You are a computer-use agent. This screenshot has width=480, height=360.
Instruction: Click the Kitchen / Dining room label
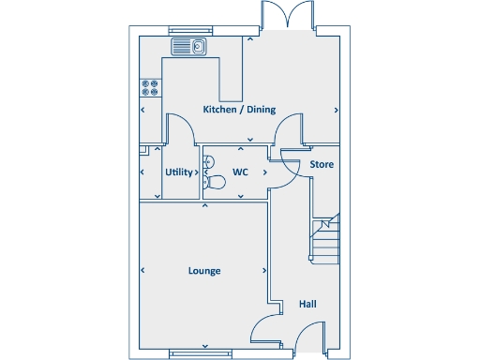point(240,110)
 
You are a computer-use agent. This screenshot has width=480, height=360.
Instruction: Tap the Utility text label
point(178,172)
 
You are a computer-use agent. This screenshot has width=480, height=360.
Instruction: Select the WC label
point(240,172)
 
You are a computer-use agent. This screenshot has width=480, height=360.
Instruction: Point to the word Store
point(322,165)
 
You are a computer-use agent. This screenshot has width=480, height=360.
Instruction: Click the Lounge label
point(204,271)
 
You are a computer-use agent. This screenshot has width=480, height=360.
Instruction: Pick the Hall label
point(307,305)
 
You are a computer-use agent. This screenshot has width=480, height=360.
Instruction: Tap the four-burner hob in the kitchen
point(150,87)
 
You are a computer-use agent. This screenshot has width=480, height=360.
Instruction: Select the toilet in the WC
point(215,185)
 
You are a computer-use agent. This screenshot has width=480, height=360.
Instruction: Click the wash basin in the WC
point(207,160)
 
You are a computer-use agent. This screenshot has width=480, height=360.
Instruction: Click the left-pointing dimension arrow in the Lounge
point(143,271)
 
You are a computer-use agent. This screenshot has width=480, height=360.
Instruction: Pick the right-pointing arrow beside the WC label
point(265,172)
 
